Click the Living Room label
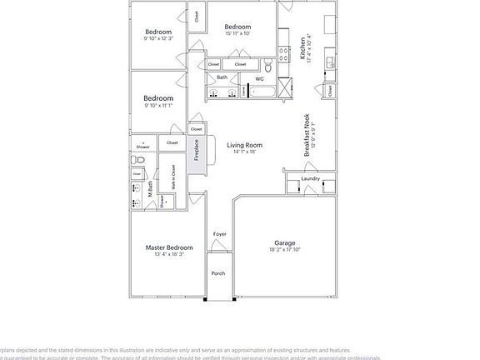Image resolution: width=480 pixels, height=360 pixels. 245,145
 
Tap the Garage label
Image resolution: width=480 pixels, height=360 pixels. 285,243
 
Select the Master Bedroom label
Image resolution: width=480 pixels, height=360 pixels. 169,247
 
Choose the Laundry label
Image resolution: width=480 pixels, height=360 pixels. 311,179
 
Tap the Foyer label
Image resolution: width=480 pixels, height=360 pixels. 220,234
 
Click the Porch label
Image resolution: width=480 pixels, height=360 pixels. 218,273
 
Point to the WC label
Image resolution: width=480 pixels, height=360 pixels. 259,79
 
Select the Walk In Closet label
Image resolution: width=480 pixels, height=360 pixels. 173,182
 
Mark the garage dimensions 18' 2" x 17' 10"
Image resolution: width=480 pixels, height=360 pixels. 285,250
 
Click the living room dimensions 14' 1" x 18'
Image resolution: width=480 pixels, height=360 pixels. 245,152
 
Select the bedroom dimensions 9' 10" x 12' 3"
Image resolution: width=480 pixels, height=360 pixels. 157,38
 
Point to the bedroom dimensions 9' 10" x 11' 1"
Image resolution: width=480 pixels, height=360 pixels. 157,106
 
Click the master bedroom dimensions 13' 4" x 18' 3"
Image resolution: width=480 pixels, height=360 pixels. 169,254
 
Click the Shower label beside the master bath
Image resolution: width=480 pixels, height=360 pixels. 143,147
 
